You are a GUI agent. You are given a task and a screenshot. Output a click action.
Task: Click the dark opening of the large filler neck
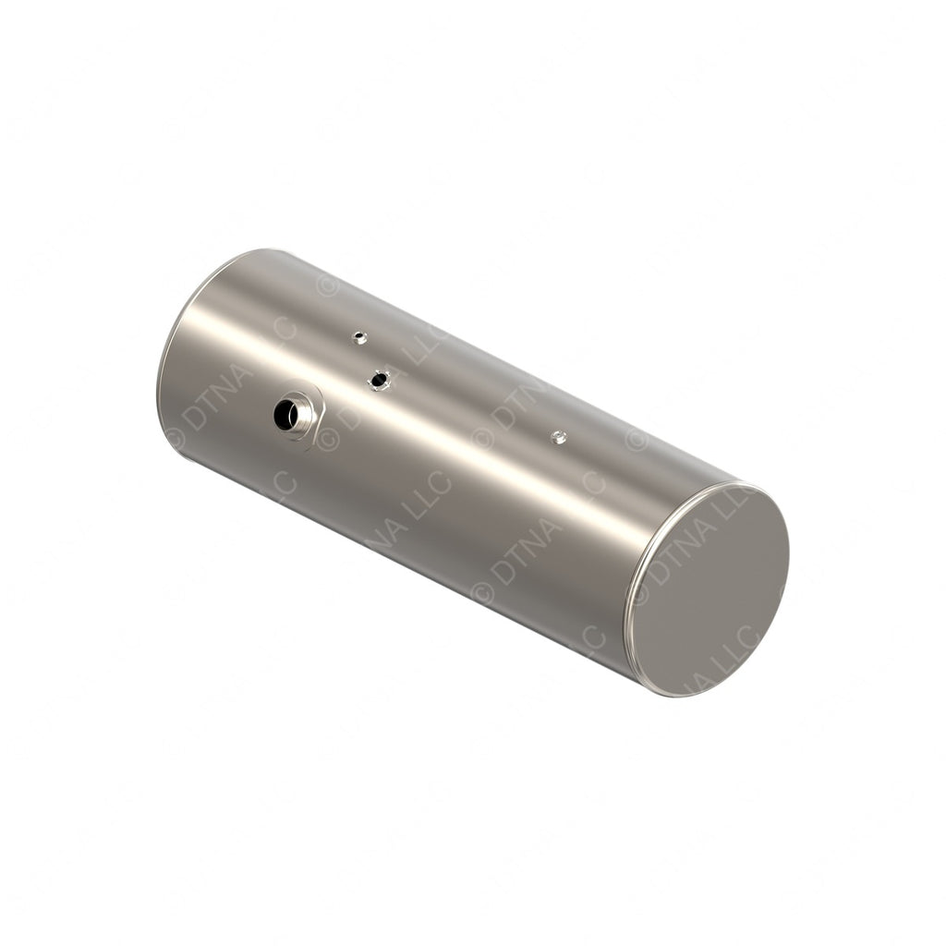[x=285, y=416]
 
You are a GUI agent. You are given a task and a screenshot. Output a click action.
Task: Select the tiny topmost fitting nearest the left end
[x=360, y=338]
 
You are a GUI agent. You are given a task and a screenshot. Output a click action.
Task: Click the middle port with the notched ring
[x=379, y=379]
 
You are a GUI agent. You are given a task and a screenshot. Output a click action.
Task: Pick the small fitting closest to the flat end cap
[x=558, y=437]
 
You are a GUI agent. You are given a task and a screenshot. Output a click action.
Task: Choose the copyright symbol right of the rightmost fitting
[x=635, y=440]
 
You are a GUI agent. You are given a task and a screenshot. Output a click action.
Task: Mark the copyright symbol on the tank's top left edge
[x=327, y=285]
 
